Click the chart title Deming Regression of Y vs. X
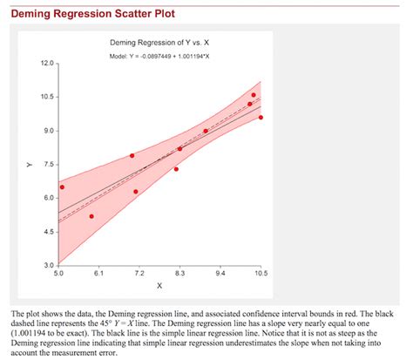pyautogui.click(x=159, y=43)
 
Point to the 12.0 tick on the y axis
pyautogui.click(x=46, y=64)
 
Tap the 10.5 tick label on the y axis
pyautogui.click(x=46, y=97)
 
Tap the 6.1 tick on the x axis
pyautogui.click(x=98, y=273)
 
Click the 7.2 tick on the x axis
pyautogui.click(x=139, y=273)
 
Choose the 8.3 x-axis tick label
pyautogui.click(x=179, y=273)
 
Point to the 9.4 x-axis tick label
pyautogui.click(x=220, y=273)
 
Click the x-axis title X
pyautogui.click(x=159, y=285)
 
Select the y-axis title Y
pyautogui.click(x=29, y=164)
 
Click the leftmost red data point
pyautogui.click(x=62, y=187)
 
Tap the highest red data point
pyautogui.click(x=254, y=95)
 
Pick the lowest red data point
pyautogui.click(x=91, y=216)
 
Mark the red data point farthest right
pyautogui.click(x=261, y=117)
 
